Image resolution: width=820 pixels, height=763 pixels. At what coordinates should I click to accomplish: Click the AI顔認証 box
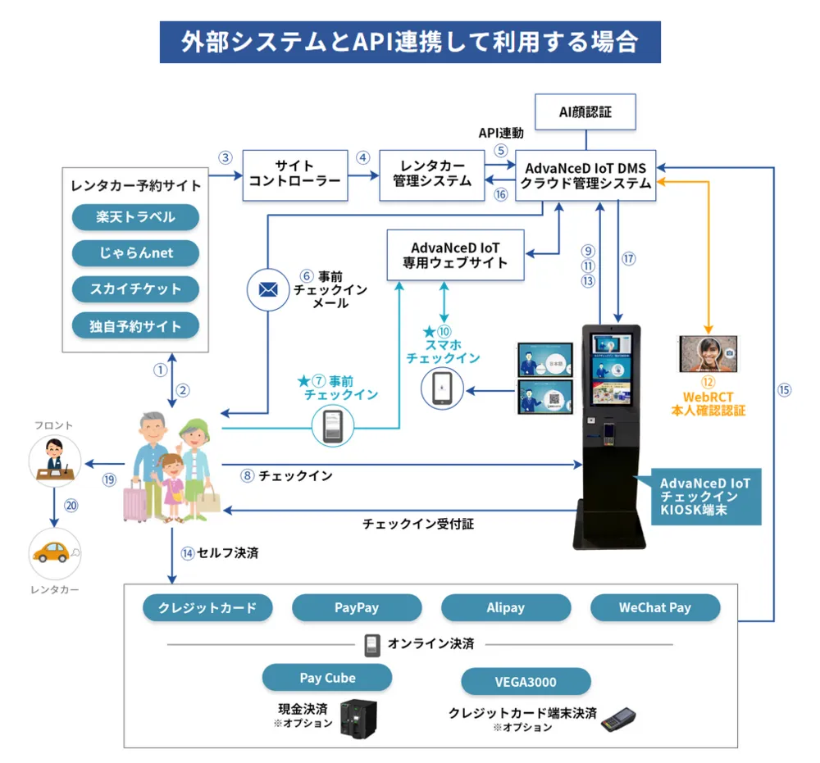click(x=585, y=112)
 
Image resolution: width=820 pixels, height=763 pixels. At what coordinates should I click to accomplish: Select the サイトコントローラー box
click(x=294, y=174)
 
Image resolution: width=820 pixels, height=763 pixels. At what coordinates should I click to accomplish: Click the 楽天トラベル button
click(x=135, y=217)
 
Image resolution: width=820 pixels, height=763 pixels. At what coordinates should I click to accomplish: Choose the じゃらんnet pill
click(x=135, y=253)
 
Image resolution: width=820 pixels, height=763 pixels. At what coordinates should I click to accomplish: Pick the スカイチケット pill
click(x=135, y=289)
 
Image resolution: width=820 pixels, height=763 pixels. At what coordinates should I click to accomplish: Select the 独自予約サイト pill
click(x=135, y=326)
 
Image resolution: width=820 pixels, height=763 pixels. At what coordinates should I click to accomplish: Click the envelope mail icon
click(x=268, y=289)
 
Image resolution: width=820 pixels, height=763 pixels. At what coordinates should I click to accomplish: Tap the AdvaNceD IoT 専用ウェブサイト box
click(x=455, y=254)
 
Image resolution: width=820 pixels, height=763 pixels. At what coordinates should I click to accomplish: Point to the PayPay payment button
click(x=357, y=607)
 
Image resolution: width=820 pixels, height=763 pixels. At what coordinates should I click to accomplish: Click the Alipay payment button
click(x=506, y=607)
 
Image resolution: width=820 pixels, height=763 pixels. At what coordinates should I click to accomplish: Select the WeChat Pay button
click(x=655, y=607)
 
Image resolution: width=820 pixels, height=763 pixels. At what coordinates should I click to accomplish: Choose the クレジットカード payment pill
click(x=207, y=607)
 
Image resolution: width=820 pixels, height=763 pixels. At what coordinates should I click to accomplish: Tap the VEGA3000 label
click(x=526, y=681)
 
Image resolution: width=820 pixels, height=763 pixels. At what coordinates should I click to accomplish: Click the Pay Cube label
click(x=327, y=678)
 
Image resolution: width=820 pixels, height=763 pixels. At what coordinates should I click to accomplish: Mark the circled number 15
click(x=784, y=390)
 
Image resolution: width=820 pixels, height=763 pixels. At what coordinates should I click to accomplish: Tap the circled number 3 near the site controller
click(x=225, y=157)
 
